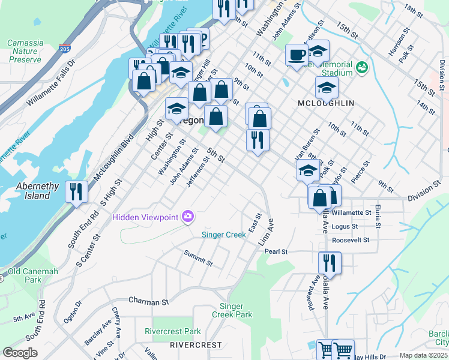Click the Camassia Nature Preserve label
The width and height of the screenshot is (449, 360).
tap(25, 51)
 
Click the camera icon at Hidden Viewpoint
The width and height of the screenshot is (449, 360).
tap(188, 216)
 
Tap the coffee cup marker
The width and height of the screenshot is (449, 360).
tap(296, 55)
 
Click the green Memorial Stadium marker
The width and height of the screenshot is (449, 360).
tap(361, 68)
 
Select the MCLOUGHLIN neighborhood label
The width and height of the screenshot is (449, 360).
tap(325, 103)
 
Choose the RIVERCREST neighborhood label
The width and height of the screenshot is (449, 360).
tap(192, 345)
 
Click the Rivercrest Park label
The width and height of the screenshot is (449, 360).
tap(172, 331)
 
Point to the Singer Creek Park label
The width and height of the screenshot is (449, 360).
tap(232, 310)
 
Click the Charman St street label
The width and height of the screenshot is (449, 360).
tap(146, 299)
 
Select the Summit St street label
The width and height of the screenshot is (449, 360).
tap(199, 259)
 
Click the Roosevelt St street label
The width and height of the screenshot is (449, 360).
tap(350, 240)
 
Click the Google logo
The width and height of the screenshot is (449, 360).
tap(20, 353)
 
